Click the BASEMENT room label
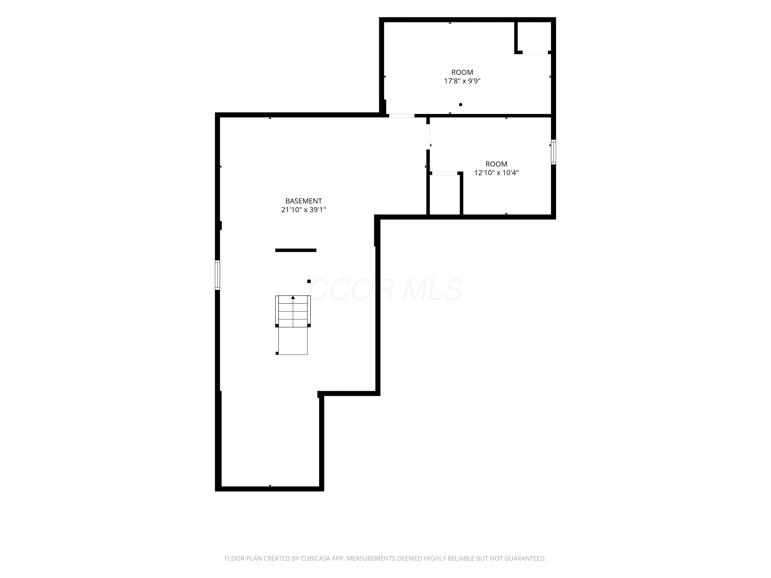303,201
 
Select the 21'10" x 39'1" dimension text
303,210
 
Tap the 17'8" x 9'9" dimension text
462,81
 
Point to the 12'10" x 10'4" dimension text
496,173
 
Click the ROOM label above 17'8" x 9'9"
462,72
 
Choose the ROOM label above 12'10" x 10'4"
496,164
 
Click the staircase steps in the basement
293,311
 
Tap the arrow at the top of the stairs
293,297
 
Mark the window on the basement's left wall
217,275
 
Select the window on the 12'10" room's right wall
553,152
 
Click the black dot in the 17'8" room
461,105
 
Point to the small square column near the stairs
309,281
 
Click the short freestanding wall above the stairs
296,250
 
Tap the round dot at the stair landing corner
277,353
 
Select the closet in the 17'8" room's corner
533,36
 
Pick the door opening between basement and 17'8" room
401,116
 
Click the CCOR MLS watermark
385,290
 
